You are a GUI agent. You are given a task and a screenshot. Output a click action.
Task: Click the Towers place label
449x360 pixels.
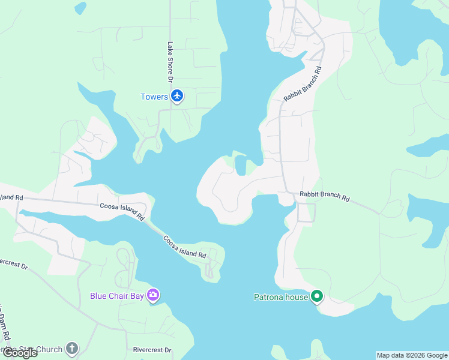tap(154, 97)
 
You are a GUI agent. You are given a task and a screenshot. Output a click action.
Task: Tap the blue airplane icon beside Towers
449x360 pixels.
tap(176, 96)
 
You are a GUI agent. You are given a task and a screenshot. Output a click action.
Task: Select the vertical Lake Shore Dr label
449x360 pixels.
tap(170, 62)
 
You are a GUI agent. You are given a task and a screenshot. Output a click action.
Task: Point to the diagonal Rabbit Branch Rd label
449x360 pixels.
tap(303, 83)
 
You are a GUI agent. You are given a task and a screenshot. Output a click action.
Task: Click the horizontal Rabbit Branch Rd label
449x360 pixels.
tap(324, 196)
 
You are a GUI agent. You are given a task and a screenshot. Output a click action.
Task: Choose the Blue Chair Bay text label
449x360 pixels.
tap(118, 295)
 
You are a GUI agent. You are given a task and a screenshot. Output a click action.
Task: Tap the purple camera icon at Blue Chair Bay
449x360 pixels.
tap(154, 295)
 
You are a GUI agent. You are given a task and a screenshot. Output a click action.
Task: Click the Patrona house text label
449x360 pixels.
tap(280, 297)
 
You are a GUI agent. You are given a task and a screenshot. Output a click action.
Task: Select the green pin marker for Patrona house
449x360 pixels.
tap(317, 296)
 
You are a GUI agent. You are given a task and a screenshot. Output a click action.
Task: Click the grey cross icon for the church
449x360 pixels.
tap(71, 349)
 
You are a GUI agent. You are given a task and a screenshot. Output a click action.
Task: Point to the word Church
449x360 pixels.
tap(49, 349)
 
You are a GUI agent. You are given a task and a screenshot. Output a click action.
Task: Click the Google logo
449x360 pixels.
tap(20, 353)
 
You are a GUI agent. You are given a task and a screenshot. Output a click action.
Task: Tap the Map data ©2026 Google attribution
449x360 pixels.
tap(412, 355)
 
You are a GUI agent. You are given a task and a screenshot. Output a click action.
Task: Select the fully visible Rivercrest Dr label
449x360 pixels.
tap(152, 350)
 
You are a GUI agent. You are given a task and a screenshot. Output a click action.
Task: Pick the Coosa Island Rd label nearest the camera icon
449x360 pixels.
tap(185, 247)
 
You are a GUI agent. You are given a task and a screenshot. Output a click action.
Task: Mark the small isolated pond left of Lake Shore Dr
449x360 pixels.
tap(80, 8)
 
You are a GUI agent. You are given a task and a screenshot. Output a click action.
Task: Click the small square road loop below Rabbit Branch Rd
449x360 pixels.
tap(306, 212)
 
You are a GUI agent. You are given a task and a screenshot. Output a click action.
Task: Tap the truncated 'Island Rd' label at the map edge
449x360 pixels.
tap(11, 197)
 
